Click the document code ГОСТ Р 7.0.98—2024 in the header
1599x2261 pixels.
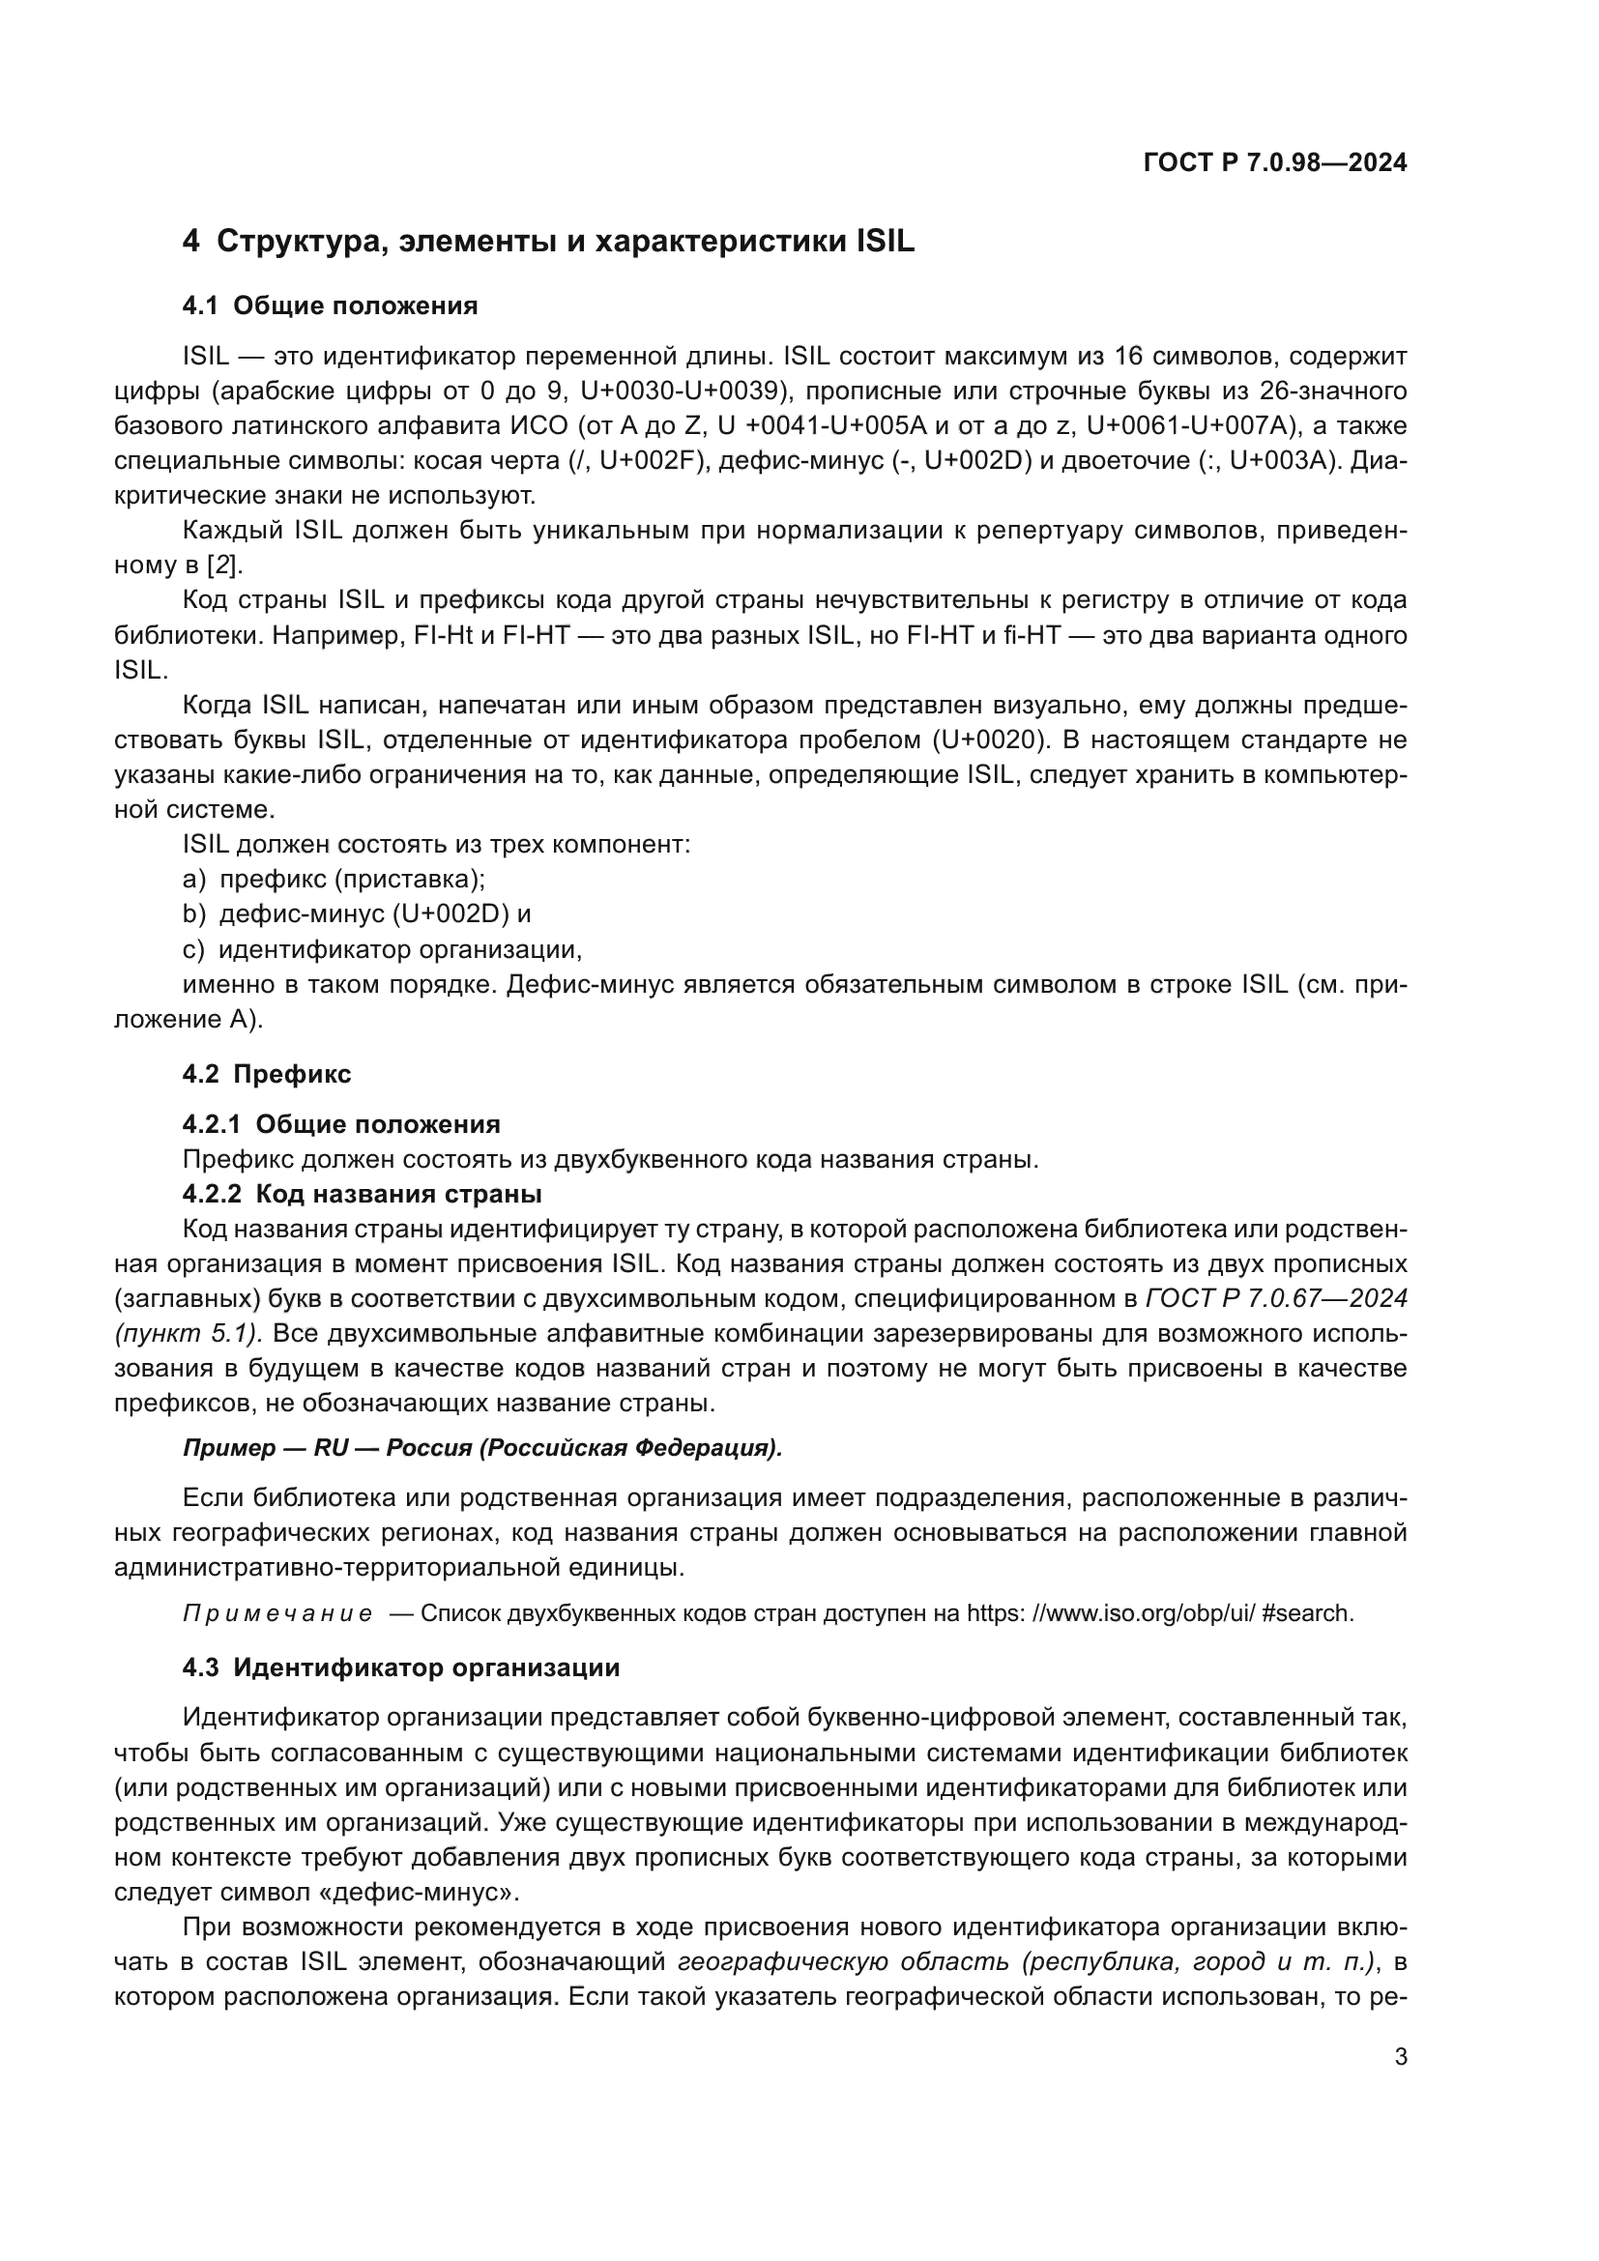(1274, 162)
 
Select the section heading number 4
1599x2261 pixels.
(191, 242)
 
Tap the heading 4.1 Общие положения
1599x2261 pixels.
(330, 306)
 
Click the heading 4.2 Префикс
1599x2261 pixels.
(266, 1073)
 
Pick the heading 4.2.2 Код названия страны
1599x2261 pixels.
(362, 1195)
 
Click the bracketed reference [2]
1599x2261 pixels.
(223, 566)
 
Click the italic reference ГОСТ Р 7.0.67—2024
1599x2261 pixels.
(1276, 1299)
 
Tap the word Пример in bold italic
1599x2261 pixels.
(229, 1449)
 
